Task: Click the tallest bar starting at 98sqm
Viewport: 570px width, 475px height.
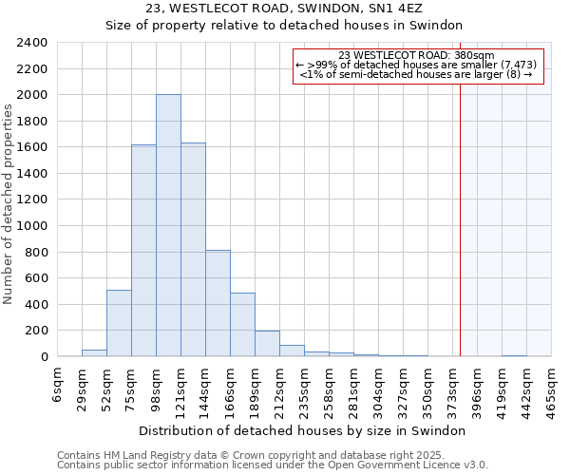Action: (168, 226)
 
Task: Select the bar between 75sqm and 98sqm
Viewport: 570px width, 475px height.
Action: (143, 251)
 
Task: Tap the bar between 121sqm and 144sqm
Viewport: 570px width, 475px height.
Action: (193, 250)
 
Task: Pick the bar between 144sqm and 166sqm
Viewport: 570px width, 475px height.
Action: (218, 303)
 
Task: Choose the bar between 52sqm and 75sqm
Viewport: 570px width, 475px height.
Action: (119, 323)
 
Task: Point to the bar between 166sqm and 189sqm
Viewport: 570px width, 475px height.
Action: (242, 325)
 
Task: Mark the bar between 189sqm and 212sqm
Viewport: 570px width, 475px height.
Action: (267, 344)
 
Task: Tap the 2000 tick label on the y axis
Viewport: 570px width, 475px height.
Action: (33, 95)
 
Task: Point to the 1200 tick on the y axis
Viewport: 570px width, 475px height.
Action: (33, 199)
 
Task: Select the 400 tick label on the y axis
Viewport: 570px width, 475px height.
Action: (37, 304)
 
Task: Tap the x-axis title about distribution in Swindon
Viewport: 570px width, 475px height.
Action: (309, 430)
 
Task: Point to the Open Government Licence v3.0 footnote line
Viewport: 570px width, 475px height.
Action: (273, 465)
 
